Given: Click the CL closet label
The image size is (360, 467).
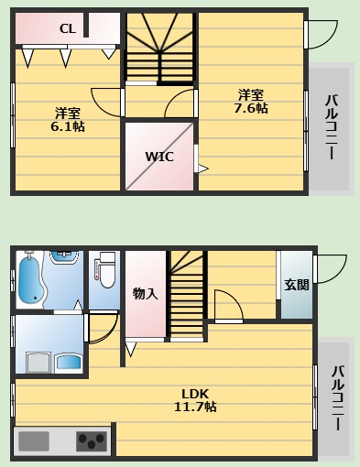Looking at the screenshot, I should [x=67, y=28].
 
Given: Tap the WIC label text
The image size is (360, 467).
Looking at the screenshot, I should [x=159, y=156].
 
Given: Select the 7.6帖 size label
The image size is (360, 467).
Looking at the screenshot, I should [x=250, y=108].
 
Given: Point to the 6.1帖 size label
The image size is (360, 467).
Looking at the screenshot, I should [x=67, y=126].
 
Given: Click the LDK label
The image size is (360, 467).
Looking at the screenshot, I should [x=195, y=393].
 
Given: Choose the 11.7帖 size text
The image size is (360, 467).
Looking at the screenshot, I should [x=195, y=407].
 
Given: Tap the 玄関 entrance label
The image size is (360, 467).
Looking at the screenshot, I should [x=296, y=284].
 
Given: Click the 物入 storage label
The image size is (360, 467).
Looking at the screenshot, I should [x=145, y=293].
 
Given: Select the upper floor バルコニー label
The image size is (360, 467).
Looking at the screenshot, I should [x=332, y=128].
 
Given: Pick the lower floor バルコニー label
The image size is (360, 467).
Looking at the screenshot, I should [x=336, y=400].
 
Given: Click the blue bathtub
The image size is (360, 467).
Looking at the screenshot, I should [x=29, y=278].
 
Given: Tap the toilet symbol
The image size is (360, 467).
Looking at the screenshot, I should [x=104, y=270].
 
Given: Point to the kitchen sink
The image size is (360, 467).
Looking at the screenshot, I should [x=33, y=441].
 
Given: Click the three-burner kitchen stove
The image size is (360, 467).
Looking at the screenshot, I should [x=91, y=442].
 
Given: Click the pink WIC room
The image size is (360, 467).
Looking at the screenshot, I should [x=159, y=157].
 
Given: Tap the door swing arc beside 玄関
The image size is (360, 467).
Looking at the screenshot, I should [x=331, y=267].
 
